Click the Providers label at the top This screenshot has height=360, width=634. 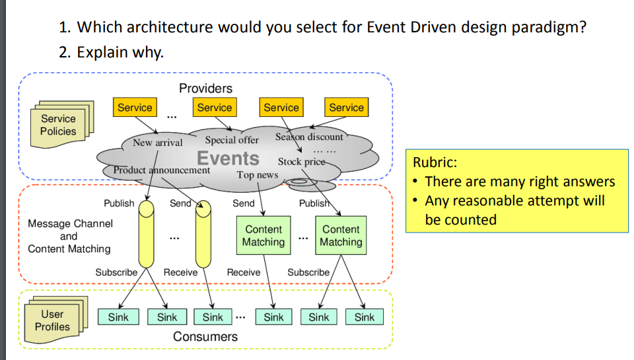[206, 88]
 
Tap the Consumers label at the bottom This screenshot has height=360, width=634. [205, 336]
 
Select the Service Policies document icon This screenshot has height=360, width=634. [62, 124]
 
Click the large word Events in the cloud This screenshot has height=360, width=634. [228, 158]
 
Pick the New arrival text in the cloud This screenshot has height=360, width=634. [158, 143]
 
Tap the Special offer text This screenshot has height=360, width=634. [232, 140]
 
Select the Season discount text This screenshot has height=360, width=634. [309, 137]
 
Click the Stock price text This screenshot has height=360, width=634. [301, 162]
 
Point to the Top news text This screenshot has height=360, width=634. [258, 175]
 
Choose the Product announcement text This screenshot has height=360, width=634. [162, 170]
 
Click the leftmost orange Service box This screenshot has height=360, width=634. [135, 107]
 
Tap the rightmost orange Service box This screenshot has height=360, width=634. [347, 107]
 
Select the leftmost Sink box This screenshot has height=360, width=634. [118, 317]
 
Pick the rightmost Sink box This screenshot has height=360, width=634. [365, 317]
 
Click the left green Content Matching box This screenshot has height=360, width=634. [264, 235]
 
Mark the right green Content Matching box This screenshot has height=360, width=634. [341, 235]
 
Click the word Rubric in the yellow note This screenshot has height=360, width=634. [435, 162]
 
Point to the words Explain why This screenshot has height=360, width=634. [120, 53]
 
